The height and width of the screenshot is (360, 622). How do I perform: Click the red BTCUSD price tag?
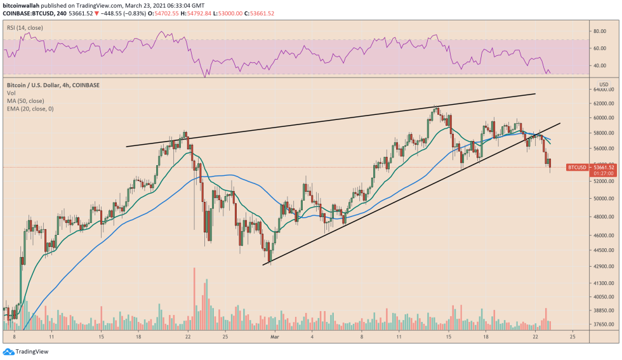click(x=576, y=167)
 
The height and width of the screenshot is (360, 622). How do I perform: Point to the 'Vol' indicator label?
click(x=11, y=93)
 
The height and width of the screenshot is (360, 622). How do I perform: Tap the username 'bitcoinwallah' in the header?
click(x=24, y=5)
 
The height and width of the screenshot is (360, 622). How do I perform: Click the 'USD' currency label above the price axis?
click(x=604, y=84)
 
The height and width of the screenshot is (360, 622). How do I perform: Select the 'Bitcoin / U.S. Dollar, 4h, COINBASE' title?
click(x=53, y=84)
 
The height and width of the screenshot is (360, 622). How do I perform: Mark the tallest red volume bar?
click(x=194, y=298)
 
